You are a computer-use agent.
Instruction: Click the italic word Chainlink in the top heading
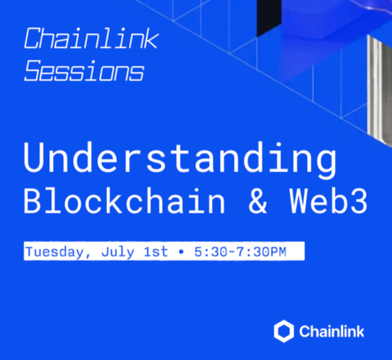pyautogui.click(x=91, y=38)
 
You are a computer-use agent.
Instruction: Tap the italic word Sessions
pyautogui.click(x=84, y=70)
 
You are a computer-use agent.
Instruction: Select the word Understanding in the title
pyautogui.click(x=180, y=159)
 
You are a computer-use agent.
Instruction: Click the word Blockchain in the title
pyautogui.click(x=124, y=201)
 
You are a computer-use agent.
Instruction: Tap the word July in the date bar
pyautogui.click(x=118, y=252)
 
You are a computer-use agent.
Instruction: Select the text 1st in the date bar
pyautogui.click(x=156, y=251)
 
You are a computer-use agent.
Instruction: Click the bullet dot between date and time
pyautogui.click(x=181, y=252)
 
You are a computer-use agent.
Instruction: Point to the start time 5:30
pyautogui.click(x=211, y=252)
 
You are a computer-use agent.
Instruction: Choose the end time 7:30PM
pyautogui.click(x=262, y=252)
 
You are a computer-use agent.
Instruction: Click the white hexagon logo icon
pyautogui.click(x=284, y=331)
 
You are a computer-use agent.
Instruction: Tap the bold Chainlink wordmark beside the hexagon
pyautogui.click(x=332, y=331)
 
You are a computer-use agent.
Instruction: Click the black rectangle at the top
pyautogui.click(x=269, y=17)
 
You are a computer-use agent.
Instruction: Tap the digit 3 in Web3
pyautogui.click(x=359, y=201)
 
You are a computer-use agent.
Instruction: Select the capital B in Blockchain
pyautogui.click(x=33, y=201)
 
